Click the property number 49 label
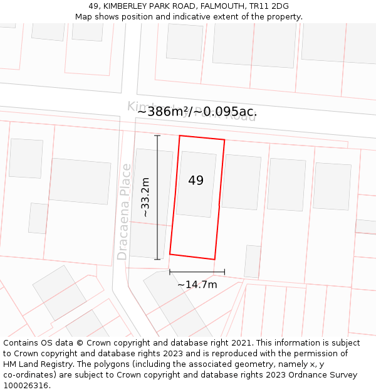pos(196,181)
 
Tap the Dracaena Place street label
pos(124,211)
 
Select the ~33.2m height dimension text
pos(145,197)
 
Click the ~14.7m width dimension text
pos(197,285)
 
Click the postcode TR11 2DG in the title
pos(269,6)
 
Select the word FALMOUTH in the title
pos(222,6)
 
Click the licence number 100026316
pos(27,385)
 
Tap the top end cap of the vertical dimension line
pos(157,135)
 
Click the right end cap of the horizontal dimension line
pos(224,272)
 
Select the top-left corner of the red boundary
pos(180,135)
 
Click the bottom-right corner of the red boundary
pos(215,259)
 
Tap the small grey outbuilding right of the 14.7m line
pos(253,262)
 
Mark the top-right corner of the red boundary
pos(224,140)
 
